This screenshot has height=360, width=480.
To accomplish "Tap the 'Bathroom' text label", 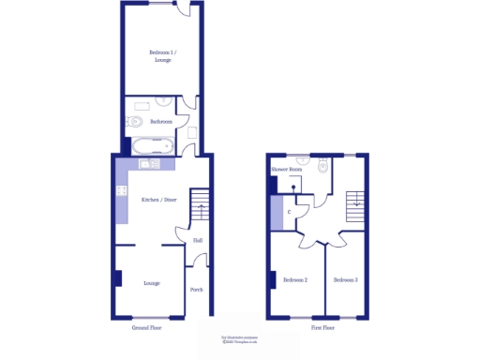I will pyautogui.click(x=162, y=121).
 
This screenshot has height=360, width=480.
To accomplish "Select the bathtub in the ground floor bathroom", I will pyautogui.click(x=151, y=145).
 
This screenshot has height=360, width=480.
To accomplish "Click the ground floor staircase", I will pyautogui.click(x=200, y=205).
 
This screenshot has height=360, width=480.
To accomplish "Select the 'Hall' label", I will pyautogui.click(x=198, y=241).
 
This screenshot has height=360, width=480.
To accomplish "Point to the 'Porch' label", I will pyautogui.click(x=197, y=290).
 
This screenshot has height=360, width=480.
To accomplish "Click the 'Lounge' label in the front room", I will pyautogui.click(x=151, y=282).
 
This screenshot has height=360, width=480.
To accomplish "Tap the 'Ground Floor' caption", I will pyautogui.click(x=149, y=329).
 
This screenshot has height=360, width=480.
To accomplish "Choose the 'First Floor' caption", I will pyautogui.click(x=323, y=329).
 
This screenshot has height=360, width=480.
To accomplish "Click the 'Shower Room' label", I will pyautogui.click(x=286, y=170).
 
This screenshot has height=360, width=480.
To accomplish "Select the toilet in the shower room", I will pyautogui.click(x=322, y=167).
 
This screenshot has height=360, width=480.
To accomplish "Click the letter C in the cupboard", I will pyautogui.click(x=289, y=212).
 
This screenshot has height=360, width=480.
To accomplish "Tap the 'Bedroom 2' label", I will pyautogui.click(x=295, y=279).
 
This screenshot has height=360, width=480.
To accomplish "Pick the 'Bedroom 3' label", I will pyautogui.click(x=346, y=279).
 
